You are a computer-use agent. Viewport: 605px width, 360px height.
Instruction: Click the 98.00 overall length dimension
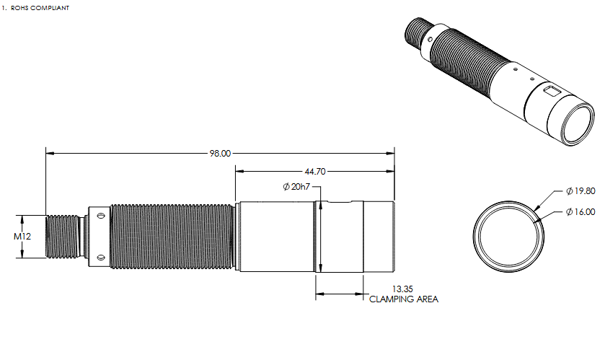pos(220,154)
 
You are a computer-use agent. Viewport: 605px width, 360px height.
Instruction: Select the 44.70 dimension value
pos(315,171)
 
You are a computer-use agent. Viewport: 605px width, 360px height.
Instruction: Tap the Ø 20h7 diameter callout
pos(296,187)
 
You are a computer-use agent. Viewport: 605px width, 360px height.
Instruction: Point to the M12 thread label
pos(22,236)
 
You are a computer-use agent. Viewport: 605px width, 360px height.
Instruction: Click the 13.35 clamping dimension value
pos(402,289)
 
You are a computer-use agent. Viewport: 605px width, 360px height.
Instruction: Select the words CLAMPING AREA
pos(404,299)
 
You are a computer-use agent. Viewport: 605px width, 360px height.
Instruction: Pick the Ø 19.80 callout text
pos(580,191)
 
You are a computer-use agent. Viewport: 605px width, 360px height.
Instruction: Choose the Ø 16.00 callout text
pos(580,212)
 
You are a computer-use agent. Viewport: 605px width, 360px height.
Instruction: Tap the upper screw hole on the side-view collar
pos(101,216)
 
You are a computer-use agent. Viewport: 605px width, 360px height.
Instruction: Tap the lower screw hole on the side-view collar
pos(101,257)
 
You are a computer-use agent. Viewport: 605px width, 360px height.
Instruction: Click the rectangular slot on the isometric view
pos(551,91)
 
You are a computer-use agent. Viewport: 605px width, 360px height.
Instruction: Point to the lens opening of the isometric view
pos(577,124)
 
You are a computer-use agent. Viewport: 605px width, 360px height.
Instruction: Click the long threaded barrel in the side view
pos(172,236)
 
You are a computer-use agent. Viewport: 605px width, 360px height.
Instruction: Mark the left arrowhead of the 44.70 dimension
pos(239,171)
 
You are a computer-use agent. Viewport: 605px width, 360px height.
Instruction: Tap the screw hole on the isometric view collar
pos(430,39)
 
